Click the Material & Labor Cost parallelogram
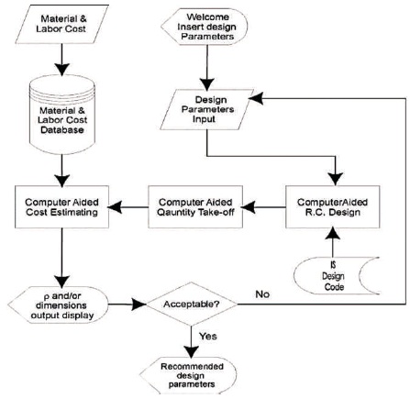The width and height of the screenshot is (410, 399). (x=61, y=24)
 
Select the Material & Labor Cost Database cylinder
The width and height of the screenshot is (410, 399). (x=62, y=114)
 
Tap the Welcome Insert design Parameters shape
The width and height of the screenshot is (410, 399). (x=205, y=27)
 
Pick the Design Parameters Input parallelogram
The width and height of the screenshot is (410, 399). (x=207, y=109)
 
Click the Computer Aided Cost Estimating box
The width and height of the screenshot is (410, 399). (x=61, y=206)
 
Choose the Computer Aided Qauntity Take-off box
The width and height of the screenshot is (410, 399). (x=195, y=206)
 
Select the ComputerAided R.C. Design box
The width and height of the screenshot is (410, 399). (x=333, y=206)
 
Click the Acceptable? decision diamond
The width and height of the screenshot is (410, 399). (x=192, y=305)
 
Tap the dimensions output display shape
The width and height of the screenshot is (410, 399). (x=58, y=305)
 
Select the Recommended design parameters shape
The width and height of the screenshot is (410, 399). (x=188, y=375)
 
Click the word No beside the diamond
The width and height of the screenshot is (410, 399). (x=262, y=294)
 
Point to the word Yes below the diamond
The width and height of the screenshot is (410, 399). (x=208, y=336)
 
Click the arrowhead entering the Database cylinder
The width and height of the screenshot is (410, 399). (x=62, y=70)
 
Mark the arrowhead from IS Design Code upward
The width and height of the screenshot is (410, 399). (x=333, y=234)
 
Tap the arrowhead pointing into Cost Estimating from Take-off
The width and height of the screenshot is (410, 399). (x=115, y=207)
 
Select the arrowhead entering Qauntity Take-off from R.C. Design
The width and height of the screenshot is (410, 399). (x=249, y=207)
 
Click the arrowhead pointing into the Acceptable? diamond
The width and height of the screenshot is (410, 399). (x=139, y=305)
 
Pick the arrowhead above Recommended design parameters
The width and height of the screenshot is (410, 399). (x=192, y=352)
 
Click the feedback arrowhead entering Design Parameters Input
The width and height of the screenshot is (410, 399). (x=256, y=98)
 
